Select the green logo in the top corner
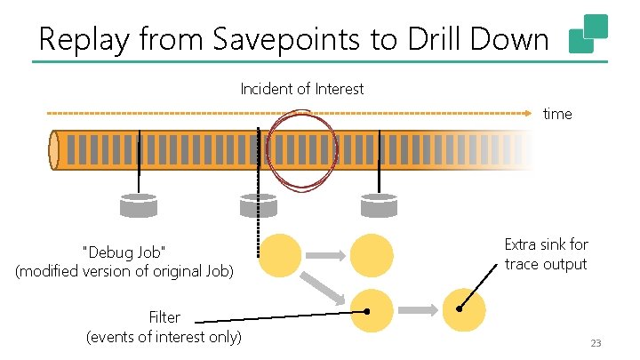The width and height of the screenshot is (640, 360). point(588,34)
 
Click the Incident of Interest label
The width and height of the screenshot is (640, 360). point(302,89)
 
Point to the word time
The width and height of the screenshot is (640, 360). point(557,114)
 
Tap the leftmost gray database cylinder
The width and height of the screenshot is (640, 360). point(138,205)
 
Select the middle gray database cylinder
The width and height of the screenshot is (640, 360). point(259,205)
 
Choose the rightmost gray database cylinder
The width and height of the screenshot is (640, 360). point(380,205)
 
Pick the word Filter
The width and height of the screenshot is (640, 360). point(164,316)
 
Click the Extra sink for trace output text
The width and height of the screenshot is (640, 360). point(546,253)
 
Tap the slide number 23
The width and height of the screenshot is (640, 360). point(596,344)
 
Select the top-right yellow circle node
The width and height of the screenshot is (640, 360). point(372,255)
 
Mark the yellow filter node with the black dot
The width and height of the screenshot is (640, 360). point(372,310)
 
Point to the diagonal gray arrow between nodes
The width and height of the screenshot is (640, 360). point(324,286)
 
